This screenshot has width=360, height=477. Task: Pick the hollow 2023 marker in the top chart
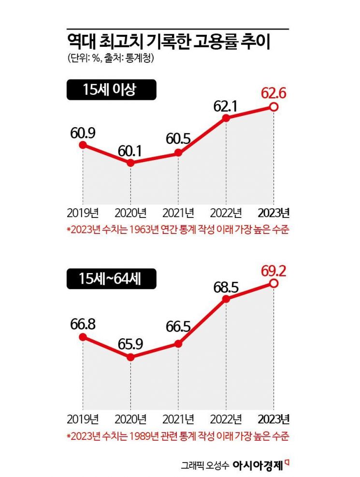[x=274, y=107]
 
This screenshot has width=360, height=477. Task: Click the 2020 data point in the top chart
[x=130, y=163]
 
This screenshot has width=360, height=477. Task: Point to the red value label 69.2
[x=274, y=268]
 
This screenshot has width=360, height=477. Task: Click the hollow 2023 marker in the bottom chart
[x=274, y=283]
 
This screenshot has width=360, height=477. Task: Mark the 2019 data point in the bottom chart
[x=83, y=337]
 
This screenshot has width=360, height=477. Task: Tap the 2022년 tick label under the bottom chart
[x=226, y=418]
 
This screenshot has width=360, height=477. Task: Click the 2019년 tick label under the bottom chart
[x=83, y=418]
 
